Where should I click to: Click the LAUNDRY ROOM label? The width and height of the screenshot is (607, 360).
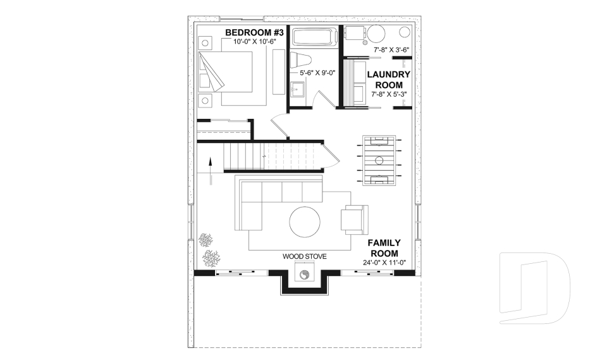point(389,79)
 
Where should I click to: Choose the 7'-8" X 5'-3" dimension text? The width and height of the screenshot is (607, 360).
point(389,95)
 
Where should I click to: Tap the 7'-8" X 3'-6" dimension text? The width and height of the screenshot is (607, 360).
point(391,49)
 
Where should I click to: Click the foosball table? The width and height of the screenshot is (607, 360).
point(379,159)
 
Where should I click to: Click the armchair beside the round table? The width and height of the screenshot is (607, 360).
point(353,219)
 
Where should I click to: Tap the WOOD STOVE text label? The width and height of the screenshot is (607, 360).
point(304,257)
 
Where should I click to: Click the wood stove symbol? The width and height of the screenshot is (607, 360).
point(304,275)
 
